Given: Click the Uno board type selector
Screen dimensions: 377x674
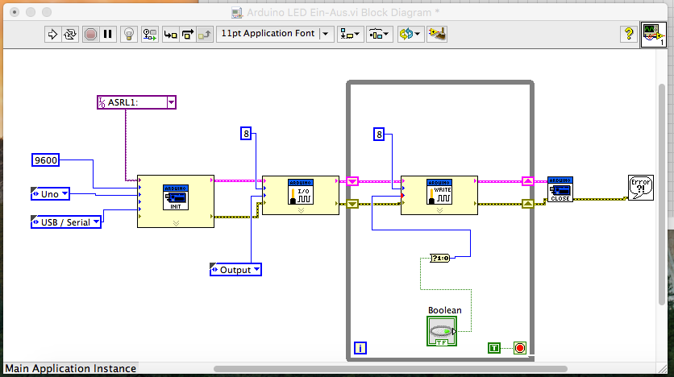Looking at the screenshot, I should point(50,194).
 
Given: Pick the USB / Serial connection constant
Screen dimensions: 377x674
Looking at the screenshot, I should point(65,222).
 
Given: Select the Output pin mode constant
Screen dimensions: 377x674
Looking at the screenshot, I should point(235,270).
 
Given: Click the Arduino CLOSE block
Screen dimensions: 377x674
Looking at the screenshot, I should point(560,189).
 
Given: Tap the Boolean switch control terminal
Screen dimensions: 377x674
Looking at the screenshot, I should point(440,331).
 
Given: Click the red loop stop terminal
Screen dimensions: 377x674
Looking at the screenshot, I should point(520,348).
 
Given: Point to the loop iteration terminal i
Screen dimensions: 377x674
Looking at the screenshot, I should point(360,349).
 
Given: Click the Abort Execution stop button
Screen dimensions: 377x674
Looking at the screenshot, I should point(90,34).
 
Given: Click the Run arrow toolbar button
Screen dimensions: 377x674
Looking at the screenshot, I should point(52,34).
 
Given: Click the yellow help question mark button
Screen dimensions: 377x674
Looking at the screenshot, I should point(628,34).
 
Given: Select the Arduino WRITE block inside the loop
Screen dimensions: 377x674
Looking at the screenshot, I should point(439,196).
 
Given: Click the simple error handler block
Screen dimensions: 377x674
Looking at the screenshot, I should point(640,187).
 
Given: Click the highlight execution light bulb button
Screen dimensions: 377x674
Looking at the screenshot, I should point(128,34).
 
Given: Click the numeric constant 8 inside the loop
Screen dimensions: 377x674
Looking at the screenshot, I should point(379,134).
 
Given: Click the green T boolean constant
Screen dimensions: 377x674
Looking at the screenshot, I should point(495,348).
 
